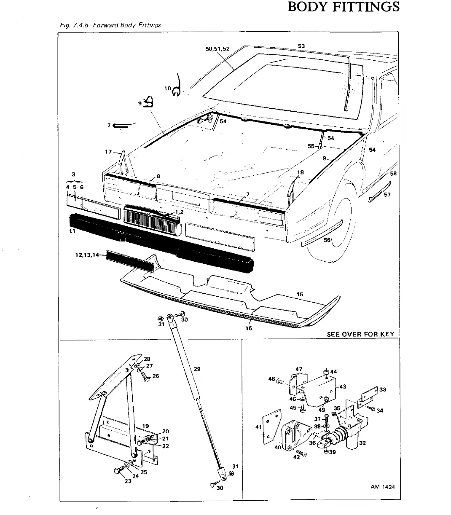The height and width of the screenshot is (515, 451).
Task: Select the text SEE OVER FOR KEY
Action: tap(360, 334)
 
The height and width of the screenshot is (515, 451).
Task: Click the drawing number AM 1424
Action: tap(383, 487)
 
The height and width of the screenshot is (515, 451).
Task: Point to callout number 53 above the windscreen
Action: tap(301, 46)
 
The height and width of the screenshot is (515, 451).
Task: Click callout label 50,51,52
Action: tap(217, 48)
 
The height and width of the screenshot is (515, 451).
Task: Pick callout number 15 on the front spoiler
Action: tap(300, 294)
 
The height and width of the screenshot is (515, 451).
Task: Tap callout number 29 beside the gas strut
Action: tap(197, 369)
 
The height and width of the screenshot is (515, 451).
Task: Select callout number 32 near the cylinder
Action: tap(362, 443)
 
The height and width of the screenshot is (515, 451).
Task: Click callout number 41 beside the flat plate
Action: tap(259, 427)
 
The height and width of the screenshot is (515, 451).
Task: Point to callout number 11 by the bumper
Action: tap(72, 231)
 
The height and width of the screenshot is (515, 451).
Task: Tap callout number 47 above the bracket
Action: tap(299, 369)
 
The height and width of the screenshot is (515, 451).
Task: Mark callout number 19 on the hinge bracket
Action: tap(145, 426)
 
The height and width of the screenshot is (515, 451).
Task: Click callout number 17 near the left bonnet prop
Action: tap(108, 152)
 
